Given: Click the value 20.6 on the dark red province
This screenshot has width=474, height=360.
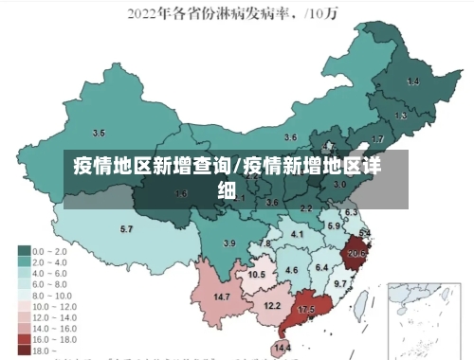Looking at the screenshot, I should point(356,254).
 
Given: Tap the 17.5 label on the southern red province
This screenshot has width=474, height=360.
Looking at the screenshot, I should point(306,310).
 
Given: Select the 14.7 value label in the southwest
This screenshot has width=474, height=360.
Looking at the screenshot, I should point(222,297).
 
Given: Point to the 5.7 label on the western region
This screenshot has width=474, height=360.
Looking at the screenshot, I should point(126,229).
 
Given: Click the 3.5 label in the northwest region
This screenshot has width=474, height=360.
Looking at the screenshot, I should point(98,133).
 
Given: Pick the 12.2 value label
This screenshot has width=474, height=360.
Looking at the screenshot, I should point(272,305).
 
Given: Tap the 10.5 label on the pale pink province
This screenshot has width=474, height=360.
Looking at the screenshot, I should point(257,275).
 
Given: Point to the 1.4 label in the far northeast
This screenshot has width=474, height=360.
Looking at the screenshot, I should point(412,82).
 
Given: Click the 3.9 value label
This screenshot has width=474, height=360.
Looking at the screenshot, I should point(228,243).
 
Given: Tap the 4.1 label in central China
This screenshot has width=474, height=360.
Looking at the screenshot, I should point(298,234).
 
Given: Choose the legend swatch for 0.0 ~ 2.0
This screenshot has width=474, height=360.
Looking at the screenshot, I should point(24,251).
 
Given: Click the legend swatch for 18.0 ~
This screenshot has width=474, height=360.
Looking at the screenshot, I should point(24,351).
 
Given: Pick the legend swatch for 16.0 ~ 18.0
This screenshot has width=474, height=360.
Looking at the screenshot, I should point(24,338).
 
